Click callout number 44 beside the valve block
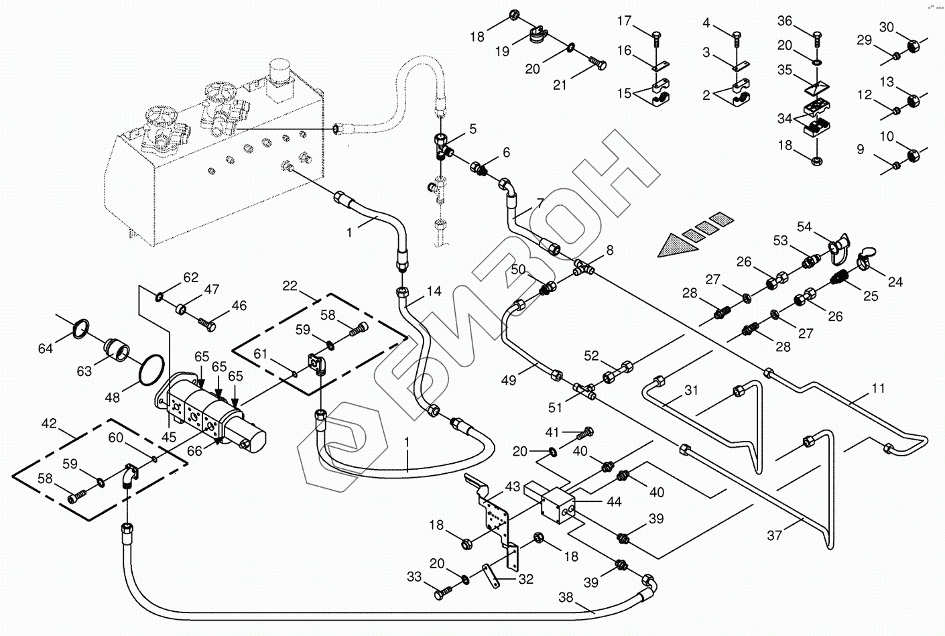point(613,501)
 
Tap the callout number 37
point(775,535)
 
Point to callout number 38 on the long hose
point(566,598)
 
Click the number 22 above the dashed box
point(290,286)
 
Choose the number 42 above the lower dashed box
point(50,424)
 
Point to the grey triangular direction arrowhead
point(671,247)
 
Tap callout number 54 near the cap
point(804,228)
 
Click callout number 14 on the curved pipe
point(434,292)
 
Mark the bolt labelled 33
point(445,594)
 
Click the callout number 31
point(691,390)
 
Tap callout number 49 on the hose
point(509,380)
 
